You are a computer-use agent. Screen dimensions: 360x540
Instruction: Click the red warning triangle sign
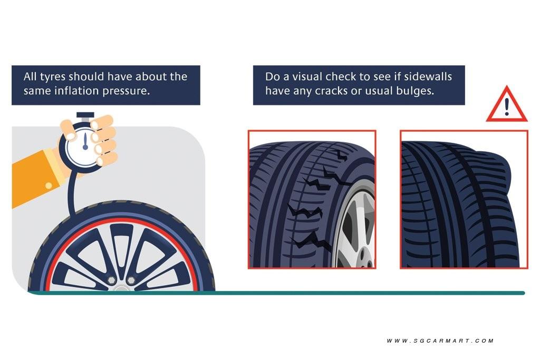point(506,105)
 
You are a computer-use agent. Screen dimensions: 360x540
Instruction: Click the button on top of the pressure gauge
point(85,115)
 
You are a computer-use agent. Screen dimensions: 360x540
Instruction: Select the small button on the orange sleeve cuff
point(49,186)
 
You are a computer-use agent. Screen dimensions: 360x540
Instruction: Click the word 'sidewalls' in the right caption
point(426,77)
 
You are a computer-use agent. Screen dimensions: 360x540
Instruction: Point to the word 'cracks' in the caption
point(339,91)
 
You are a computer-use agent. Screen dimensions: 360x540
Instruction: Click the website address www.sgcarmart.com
point(440,341)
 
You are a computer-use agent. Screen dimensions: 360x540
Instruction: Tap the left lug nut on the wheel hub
point(112,280)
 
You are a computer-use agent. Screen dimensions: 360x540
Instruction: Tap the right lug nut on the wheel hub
point(131,280)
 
